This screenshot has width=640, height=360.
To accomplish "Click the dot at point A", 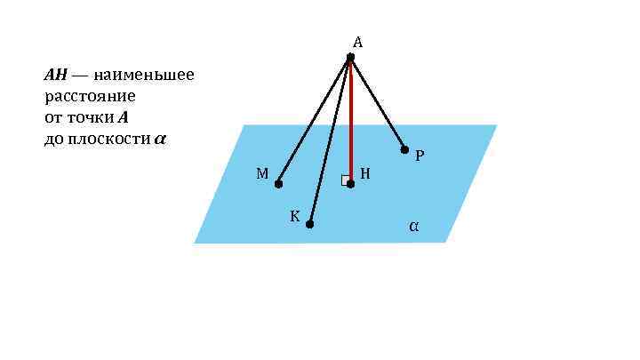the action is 350,58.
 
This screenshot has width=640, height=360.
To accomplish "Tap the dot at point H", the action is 350,184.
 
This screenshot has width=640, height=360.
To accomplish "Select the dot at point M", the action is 278,184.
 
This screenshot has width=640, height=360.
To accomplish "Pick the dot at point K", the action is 309,224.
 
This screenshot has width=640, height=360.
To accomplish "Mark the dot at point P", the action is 404,149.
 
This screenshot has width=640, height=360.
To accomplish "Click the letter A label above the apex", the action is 357,42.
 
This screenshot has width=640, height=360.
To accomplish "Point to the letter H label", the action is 364,174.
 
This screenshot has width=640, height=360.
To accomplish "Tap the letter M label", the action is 262,174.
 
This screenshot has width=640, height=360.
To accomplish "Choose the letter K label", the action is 294,216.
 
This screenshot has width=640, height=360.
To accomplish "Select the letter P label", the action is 420,156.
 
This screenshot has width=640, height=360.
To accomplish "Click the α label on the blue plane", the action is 413,227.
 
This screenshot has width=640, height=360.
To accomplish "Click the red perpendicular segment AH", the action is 350,120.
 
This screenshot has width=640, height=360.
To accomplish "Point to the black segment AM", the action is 315,120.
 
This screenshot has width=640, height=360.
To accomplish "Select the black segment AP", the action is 378,104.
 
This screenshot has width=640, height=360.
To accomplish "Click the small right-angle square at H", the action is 345,180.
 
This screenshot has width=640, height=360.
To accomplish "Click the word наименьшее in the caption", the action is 145,75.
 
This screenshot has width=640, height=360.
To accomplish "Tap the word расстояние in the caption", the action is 90,96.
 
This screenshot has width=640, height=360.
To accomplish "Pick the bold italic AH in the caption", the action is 55,75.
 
